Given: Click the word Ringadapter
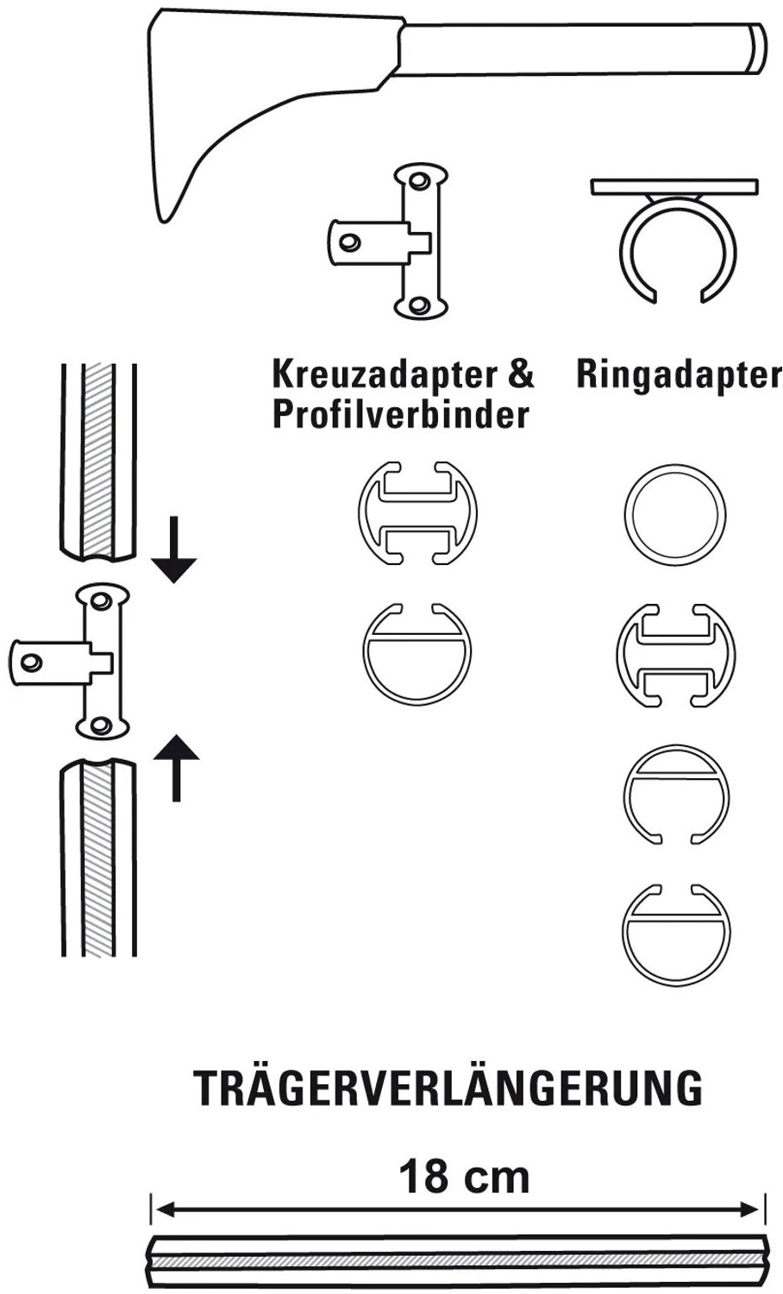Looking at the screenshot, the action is point(679,375).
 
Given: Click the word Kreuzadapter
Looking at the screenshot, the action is point(384,375).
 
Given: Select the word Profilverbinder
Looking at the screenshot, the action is point(400,414).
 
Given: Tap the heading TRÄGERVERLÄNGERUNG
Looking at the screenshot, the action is point(448,1088).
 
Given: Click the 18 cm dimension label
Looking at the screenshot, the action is point(464,1177).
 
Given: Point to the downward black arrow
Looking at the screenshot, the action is point(174,550).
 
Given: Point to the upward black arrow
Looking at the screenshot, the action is point(176,768).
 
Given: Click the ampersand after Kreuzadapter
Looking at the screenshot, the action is point(520,374).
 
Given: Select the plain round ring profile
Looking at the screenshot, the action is point(674,513).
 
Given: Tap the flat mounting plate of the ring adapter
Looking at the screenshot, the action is point(673,186).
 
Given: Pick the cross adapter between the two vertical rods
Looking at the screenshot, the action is point(69,661).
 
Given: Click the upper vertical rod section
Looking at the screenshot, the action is point(98,462).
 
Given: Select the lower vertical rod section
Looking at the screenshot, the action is point(98,857).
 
